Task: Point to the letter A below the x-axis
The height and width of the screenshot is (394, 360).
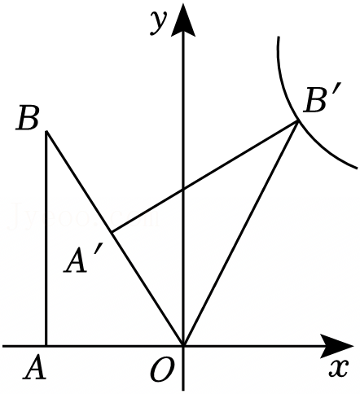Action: [x=35, y=368]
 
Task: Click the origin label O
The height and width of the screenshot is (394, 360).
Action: [x=162, y=370]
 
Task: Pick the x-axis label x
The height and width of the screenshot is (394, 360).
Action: [x=338, y=368]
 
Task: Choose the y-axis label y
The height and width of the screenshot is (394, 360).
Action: [x=158, y=22]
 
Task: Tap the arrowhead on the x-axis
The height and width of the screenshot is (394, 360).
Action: [x=337, y=346]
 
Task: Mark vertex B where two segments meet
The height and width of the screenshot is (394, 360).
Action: [x=47, y=131]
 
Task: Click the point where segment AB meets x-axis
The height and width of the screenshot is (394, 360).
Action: [x=46, y=346]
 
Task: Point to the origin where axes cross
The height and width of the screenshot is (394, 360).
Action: [x=183, y=346]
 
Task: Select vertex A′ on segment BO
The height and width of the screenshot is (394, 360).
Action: [x=112, y=232]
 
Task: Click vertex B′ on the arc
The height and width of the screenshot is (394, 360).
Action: [x=298, y=121]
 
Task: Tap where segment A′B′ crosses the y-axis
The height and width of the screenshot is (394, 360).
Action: [x=183, y=189]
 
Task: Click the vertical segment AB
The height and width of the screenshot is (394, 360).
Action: [x=46, y=239]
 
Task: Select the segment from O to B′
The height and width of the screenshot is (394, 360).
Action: [x=241, y=234]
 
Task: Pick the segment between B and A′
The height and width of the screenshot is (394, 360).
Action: [x=79, y=182]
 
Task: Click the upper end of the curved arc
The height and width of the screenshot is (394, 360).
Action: [x=279, y=37]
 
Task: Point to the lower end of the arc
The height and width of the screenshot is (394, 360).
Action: [x=357, y=169]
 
